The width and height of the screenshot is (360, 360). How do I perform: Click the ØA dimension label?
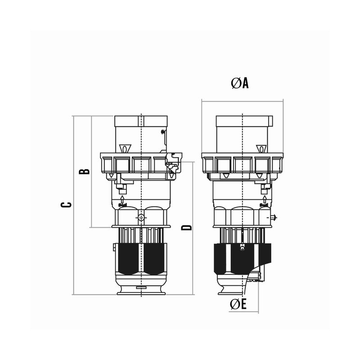coord(240,83)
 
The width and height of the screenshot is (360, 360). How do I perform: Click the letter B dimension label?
coord(84,171)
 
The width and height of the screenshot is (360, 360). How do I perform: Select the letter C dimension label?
coord(66,205)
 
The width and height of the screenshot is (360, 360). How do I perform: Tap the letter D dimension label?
coord(186,227)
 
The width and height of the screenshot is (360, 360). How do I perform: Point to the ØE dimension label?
coord(238,304)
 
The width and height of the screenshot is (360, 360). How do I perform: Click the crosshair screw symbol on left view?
coord(141,217)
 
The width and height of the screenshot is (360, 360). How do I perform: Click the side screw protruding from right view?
coord(274,217)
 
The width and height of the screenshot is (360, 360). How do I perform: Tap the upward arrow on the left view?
coord(122,199)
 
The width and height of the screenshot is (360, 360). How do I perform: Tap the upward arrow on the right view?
coord(265,199)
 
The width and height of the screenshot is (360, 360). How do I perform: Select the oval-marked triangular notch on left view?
coord(125,148)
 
